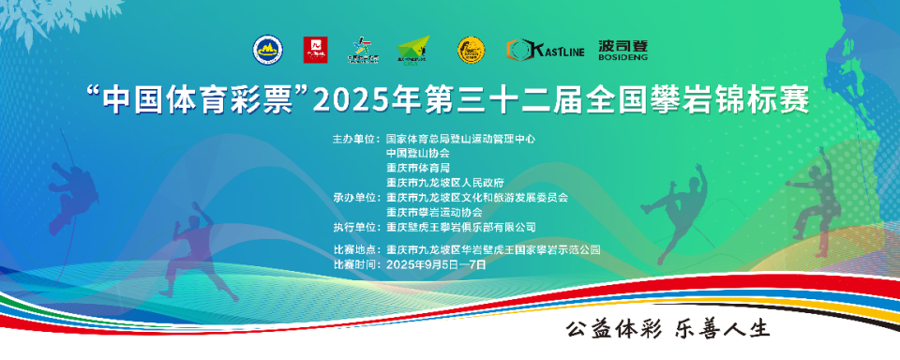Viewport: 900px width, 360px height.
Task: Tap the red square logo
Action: coord(316,49)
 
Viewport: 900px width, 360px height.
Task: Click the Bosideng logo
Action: coord(623,49)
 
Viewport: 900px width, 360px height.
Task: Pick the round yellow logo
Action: coord(470,49)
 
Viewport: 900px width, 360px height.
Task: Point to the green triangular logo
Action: coord(412,50)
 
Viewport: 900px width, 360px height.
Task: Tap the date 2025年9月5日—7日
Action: coord(436,264)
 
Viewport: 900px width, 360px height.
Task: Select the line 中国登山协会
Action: coord(418,153)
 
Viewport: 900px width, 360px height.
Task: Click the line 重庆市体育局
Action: coord(418,168)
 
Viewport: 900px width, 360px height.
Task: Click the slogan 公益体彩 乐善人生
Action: coord(666,330)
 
